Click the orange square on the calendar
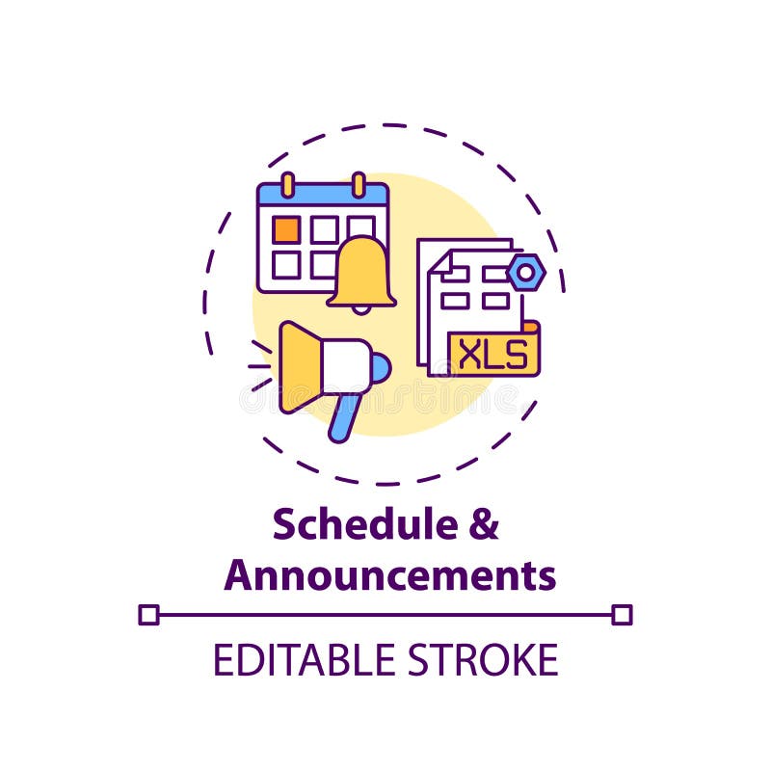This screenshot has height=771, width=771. [286, 229]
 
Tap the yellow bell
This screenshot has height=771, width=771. [361, 273]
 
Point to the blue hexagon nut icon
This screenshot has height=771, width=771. [526, 273]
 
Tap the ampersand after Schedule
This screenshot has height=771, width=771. [485, 526]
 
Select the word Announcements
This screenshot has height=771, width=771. [390, 575]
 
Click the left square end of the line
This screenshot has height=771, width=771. [148, 614]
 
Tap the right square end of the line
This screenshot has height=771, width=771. [623, 614]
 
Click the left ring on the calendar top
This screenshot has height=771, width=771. [286, 183]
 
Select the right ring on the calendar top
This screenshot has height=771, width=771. [359, 183]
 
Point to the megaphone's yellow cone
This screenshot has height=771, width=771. [300, 366]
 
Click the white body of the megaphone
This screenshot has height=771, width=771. [345, 366]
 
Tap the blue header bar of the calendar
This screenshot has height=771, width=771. [323, 197]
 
